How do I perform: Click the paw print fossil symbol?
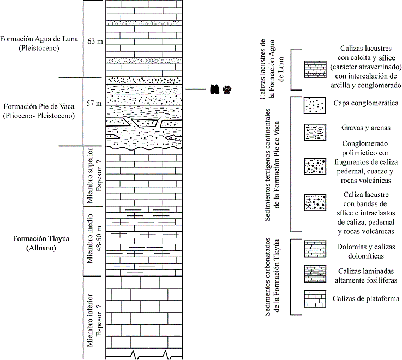coord(226,89)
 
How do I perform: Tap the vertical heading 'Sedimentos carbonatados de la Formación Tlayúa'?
coord(272,277)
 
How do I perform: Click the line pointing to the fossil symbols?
coord(195,89)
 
